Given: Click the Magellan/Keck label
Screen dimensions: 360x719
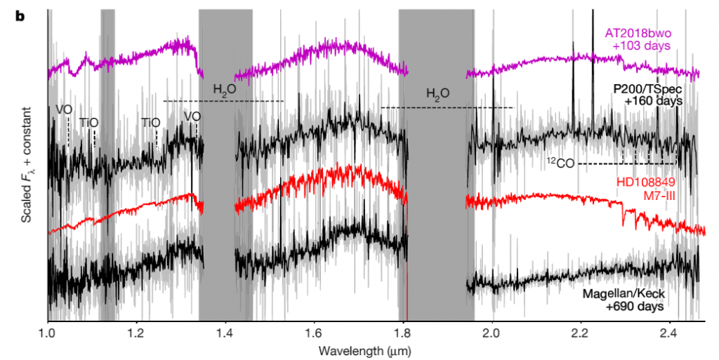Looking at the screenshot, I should pos(624,294).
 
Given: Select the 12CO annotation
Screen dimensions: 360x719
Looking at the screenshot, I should pos(561,163).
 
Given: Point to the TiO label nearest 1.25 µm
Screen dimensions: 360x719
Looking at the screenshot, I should pos(151,122).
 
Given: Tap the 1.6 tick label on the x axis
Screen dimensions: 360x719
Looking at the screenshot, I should pos(314,333).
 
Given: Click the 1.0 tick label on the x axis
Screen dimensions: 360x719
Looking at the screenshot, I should pos(47,333).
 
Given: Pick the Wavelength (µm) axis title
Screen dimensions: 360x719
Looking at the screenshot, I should pos(358,349).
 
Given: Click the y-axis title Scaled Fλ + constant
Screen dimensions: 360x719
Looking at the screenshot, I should pos(26,164).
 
